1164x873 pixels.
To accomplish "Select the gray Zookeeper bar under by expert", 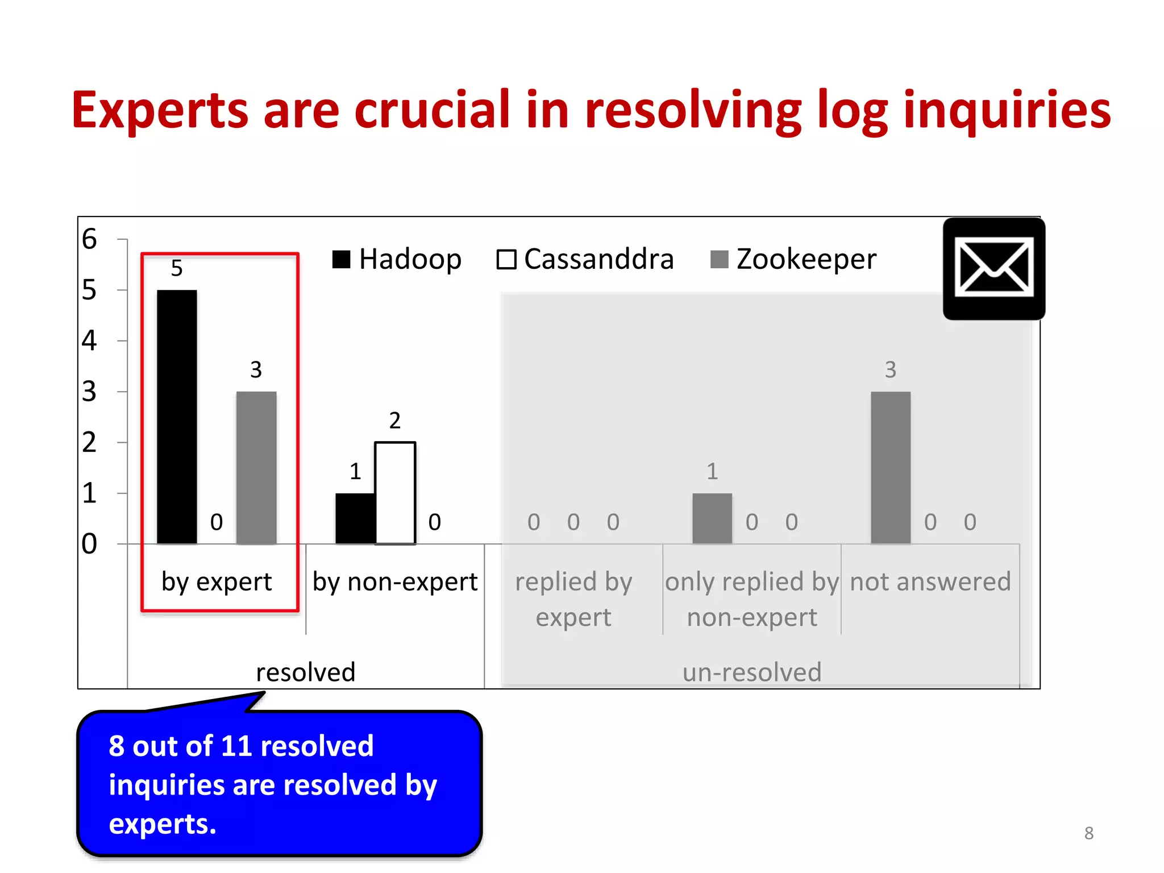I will (256, 467).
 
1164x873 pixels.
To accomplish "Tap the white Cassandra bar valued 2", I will (395, 493).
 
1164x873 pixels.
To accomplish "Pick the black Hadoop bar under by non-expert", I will (355, 518).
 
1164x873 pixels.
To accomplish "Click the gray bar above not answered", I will (891, 467).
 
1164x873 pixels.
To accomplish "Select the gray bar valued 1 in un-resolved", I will (712, 518).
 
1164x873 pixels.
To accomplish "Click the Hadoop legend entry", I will (397, 260).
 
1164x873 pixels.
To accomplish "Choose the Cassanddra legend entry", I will (585, 260).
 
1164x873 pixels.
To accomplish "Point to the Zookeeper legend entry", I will (793, 260).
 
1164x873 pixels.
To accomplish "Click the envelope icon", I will (993, 269).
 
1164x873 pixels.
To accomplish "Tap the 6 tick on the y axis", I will (89, 239).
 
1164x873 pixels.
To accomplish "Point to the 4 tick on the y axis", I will (89, 340).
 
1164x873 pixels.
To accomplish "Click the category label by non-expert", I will (395, 582).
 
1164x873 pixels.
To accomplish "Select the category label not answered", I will (930, 582).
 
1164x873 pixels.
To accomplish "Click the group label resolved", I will (306, 672).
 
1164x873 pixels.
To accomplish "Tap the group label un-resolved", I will (752, 672).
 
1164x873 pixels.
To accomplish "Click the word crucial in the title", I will (433, 109).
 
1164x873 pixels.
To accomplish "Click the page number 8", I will (1088, 833).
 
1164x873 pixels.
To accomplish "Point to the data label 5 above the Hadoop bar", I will (177, 268).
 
